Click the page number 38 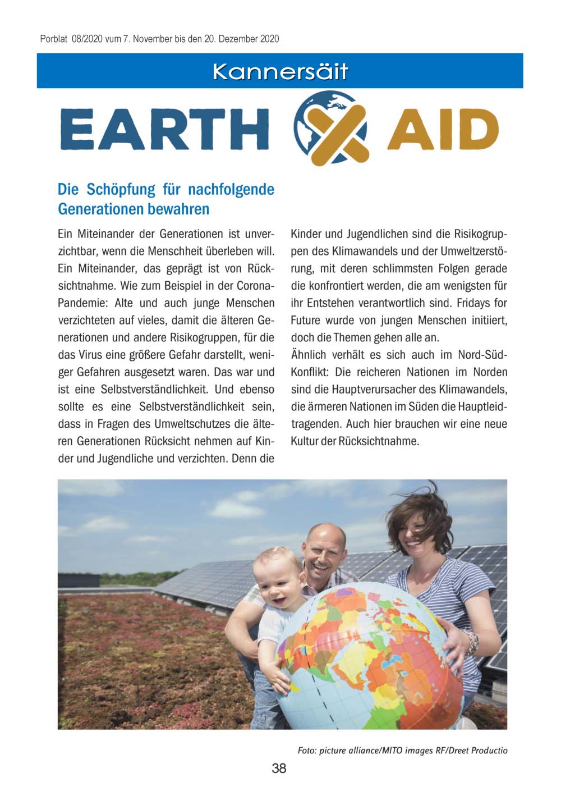279,768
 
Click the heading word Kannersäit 280,72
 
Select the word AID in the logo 443,129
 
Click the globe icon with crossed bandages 331,128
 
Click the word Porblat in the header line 53,39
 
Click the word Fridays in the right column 473,303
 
